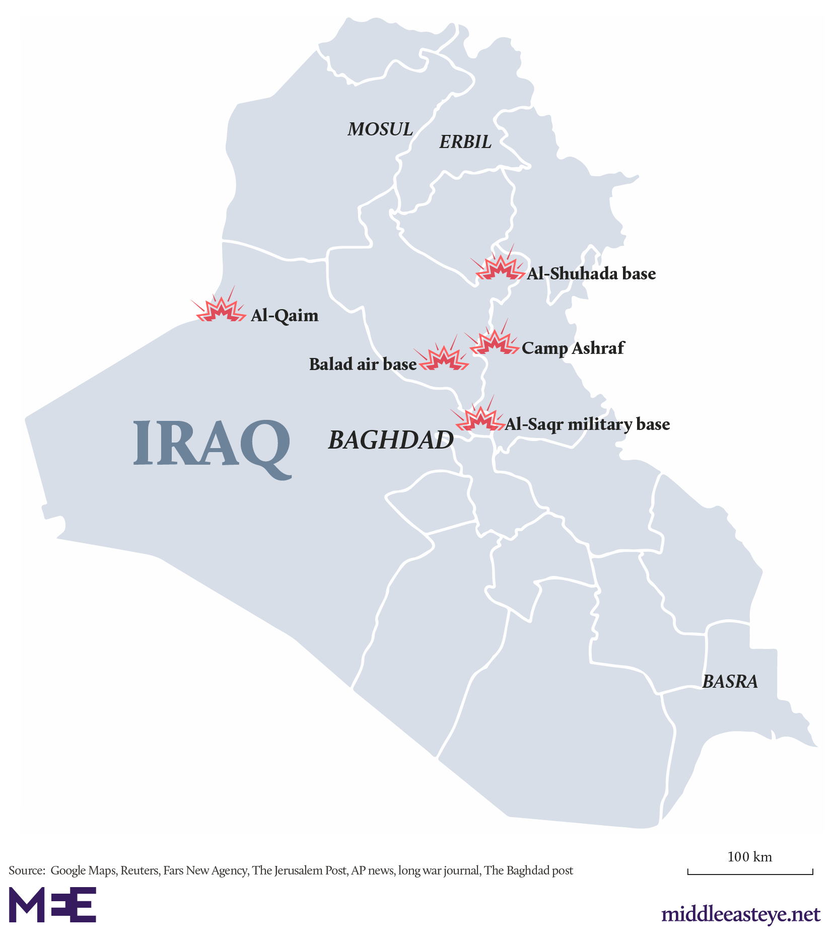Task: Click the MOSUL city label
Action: pos(380,129)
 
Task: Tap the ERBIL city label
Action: pos(465,142)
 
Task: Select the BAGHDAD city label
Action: pos(391,440)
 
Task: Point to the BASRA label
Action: pos(729,682)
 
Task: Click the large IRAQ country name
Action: pos(212,445)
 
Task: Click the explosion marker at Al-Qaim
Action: pos(220,310)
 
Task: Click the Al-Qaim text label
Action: pos(285,316)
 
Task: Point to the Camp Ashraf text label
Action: pos(573,348)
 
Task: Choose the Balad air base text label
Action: pos(363,364)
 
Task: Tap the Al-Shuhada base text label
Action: pos(591,274)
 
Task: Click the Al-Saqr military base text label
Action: pos(587,424)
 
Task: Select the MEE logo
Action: pos(52,905)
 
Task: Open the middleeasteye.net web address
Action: pos(740,914)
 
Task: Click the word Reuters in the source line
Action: pos(139,870)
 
